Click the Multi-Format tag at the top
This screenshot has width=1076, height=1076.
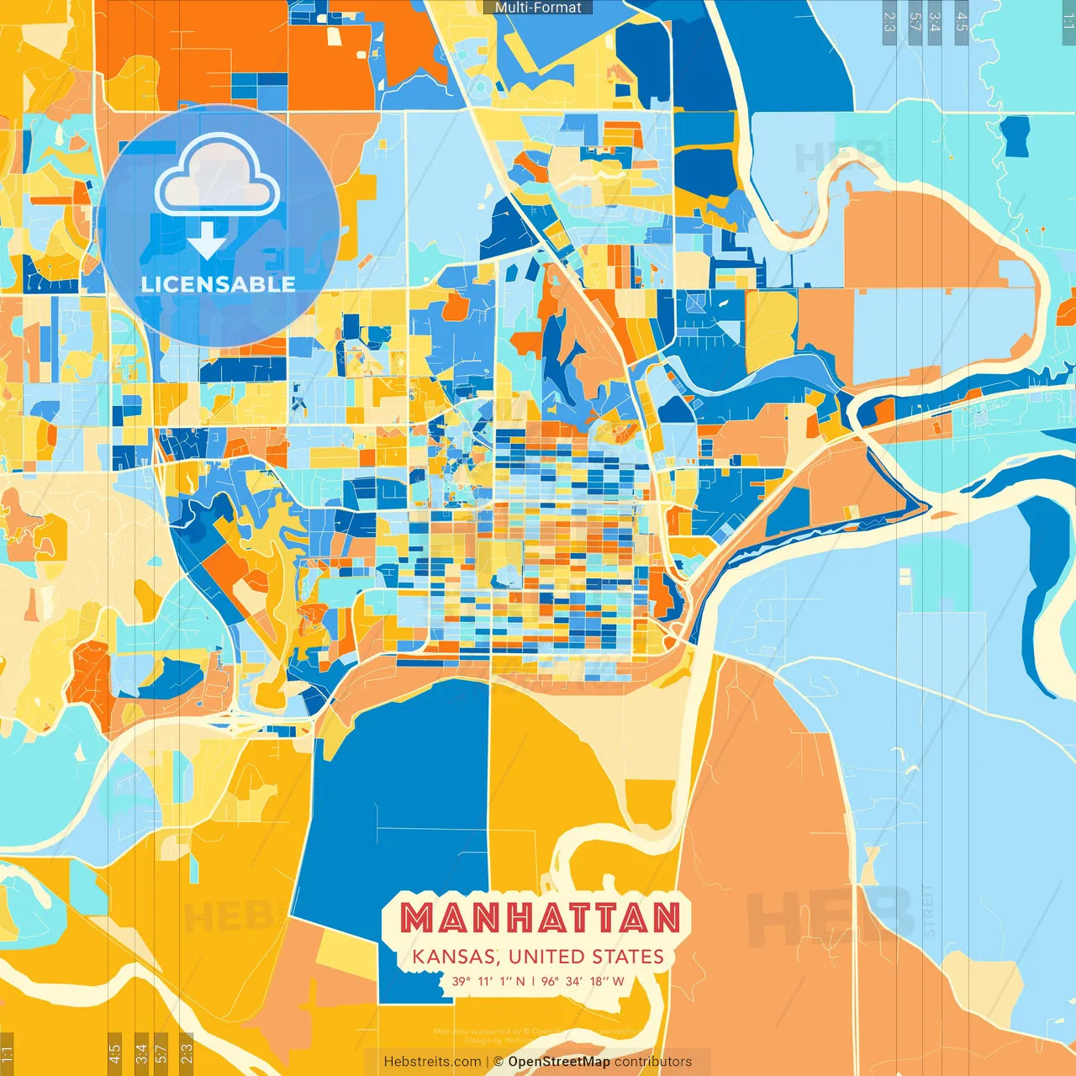pyautogui.click(x=538, y=8)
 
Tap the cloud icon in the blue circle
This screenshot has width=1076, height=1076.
pyautogui.click(x=217, y=175)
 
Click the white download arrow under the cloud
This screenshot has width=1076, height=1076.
pyautogui.click(x=207, y=240)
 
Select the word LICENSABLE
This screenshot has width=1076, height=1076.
pyautogui.click(x=218, y=284)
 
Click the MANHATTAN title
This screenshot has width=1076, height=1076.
pyautogui.click(x=540, y=919)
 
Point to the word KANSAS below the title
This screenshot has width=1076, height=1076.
pyautogui.click(x=454, y=957)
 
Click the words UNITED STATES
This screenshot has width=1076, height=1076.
pyautogui.click(x=586, y=957)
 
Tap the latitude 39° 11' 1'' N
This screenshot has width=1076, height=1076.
pyautogui.click(x=488, y=981)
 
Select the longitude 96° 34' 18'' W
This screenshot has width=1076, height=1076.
pyautogui.click(x=583, y=981)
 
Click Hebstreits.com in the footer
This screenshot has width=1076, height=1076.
pyautogui.click(x=432, y=1062)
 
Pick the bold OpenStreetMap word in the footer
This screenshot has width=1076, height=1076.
pyautogui.click(x=559, y=1062)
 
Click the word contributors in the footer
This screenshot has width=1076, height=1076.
pyautogui.click(x=653, y=1062)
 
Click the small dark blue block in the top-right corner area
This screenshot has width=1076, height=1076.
pyautogui.click(x=1017, y=135)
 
